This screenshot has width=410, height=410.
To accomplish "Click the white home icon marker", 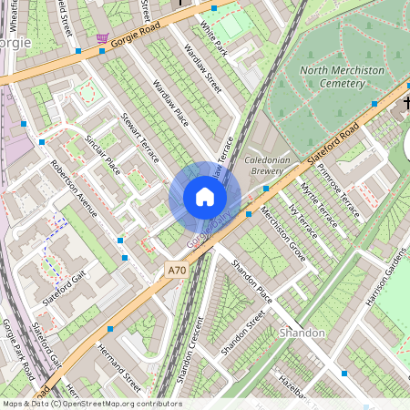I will tap(205, 197).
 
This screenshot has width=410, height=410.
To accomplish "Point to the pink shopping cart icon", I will tap(102, 39).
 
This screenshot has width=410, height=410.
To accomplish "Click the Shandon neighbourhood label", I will tap(302, 333).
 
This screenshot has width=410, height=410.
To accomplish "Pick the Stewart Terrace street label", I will tap(139, 138).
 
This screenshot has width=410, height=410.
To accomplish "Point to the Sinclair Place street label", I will tap(102, 154).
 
